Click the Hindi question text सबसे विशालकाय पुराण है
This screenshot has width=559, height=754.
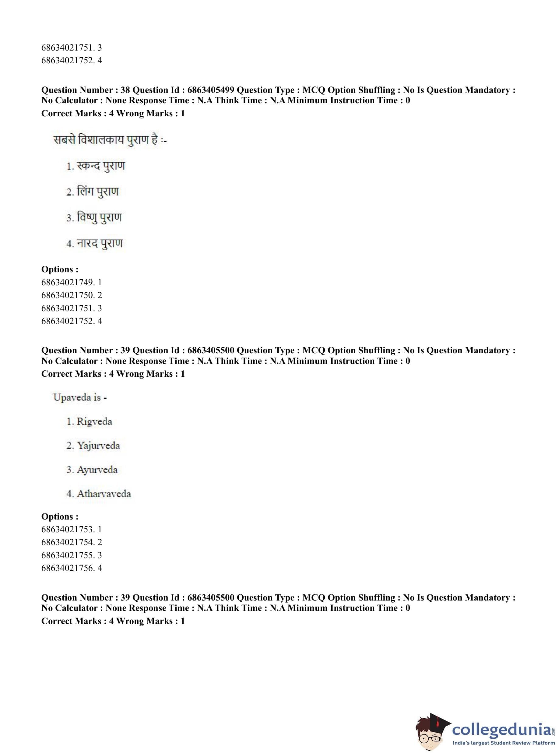coord(110,139)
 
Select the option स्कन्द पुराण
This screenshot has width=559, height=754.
coord(96,166)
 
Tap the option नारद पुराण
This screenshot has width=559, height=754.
coord(94,244)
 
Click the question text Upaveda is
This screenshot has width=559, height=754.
coord(80,397)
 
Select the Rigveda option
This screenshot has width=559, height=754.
coord(89,422)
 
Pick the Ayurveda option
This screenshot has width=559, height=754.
coord(92,470)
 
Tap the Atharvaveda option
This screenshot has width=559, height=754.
coord(98,494)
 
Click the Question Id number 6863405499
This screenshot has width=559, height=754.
coord(210,90)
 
